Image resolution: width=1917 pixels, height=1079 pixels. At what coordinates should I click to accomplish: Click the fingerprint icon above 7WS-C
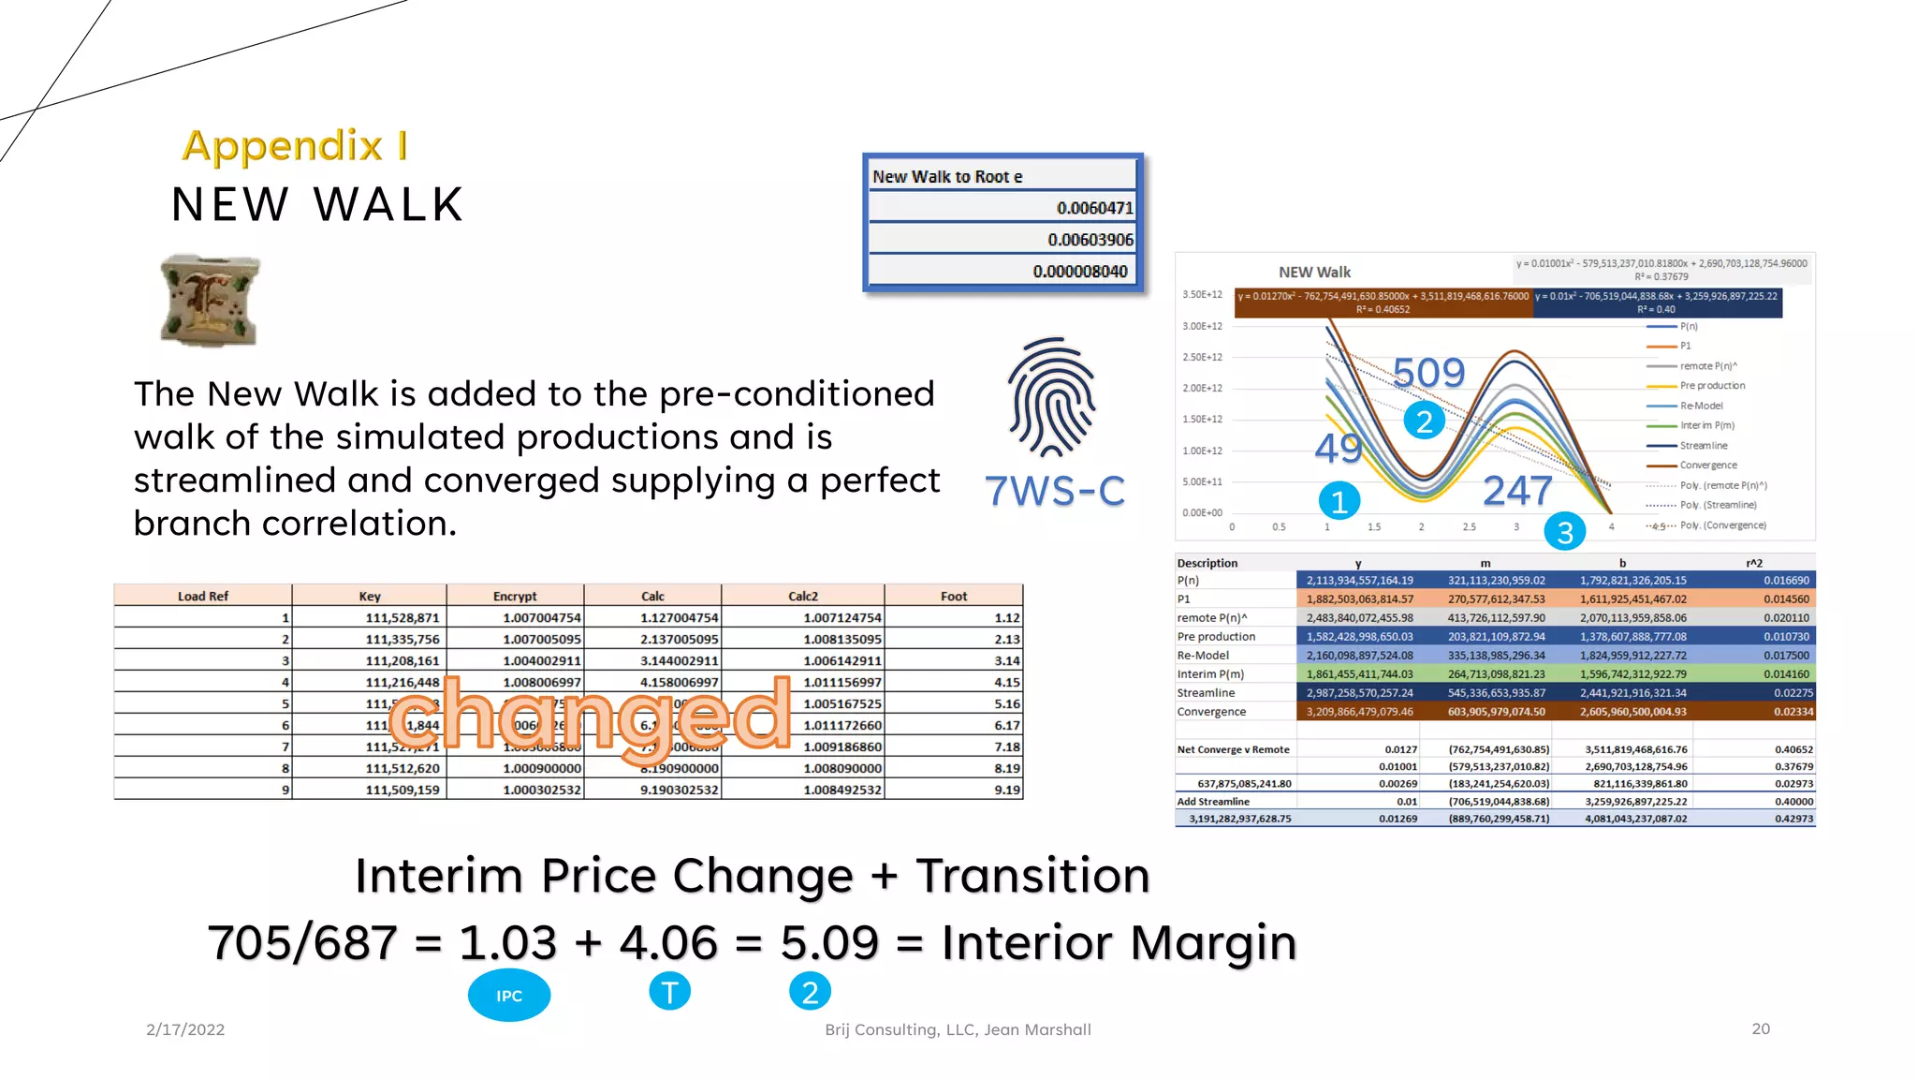(1052, 396)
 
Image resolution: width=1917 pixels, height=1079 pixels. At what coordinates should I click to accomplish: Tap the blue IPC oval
(509, 995)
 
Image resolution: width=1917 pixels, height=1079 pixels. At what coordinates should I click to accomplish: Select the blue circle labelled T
(669, 991)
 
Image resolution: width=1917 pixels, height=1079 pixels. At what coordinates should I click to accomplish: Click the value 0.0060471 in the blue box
(1094, 208)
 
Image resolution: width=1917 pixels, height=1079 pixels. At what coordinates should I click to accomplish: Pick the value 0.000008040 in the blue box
(1080, 272)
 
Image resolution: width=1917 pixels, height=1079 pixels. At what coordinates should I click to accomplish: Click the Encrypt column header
(515, 596)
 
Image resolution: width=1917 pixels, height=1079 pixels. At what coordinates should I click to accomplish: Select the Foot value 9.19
(1007, 790)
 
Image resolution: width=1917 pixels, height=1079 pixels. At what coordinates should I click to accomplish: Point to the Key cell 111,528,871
(402, 618)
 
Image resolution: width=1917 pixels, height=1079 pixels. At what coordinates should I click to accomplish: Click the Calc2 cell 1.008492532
(841, 790)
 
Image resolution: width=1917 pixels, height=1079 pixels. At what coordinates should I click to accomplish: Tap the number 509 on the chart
(1428, 373)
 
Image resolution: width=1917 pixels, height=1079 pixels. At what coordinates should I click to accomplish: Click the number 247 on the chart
(1517, 491)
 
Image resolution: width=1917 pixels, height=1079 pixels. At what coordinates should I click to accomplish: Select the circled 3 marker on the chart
(1565, 532)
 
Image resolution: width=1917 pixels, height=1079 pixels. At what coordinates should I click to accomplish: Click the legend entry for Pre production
(1712, 386)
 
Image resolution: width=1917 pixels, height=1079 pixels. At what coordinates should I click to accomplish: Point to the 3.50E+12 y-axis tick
(1202, 294)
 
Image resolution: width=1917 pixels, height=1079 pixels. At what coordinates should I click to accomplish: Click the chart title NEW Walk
(1314, 273)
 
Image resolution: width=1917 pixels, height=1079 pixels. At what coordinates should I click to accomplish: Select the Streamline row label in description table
(1206, 693)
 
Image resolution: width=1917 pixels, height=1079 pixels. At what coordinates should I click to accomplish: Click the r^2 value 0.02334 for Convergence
(1793, 712)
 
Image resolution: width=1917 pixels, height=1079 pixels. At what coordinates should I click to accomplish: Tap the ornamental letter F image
(210, 300)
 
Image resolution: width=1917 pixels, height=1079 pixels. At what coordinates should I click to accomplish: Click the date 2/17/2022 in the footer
(185, 1029)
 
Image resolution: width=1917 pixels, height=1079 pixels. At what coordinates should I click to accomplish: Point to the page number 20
(1761, 1028)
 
